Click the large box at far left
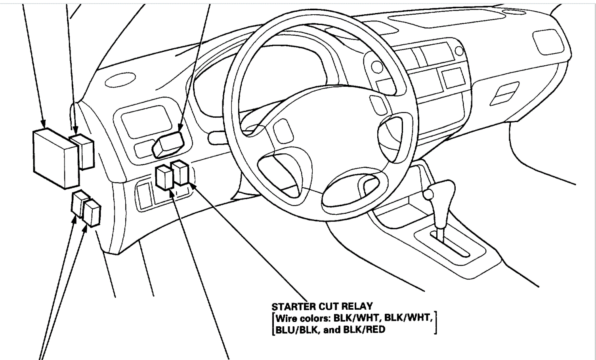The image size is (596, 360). (55, 158)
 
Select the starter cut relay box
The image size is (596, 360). (181, 173)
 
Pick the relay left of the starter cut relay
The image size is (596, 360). (164, 178)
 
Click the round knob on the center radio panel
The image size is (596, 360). (458, 50)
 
